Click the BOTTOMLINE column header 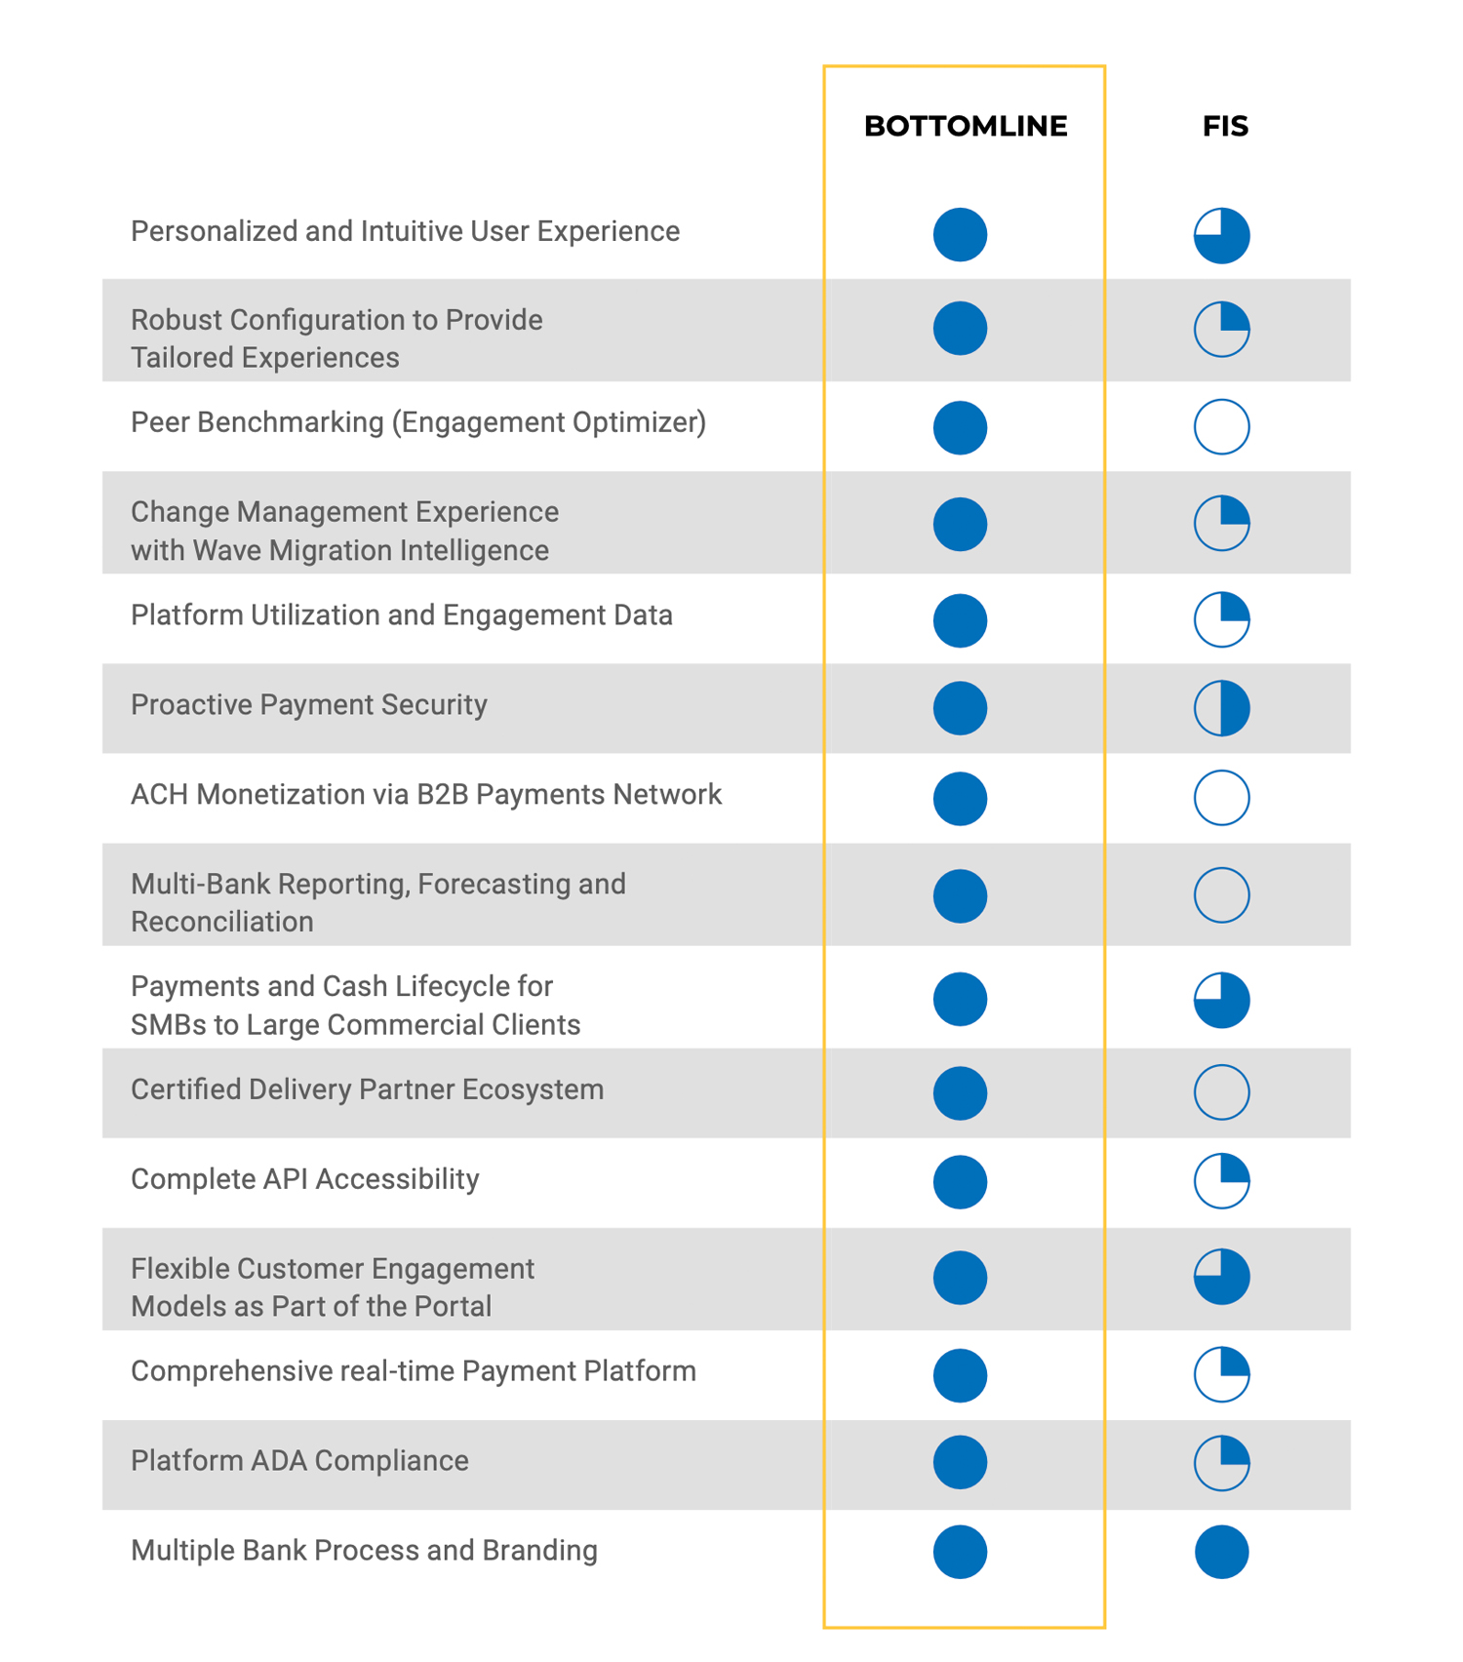coord(965,126)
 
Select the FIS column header coord(1224,126)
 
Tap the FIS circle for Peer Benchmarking coord(1221,426)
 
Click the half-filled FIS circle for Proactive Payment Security coord(1221,707)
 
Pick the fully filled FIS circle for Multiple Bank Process coord(1221,1551)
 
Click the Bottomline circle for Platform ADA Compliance coord(960,1461)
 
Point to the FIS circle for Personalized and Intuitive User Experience coord(1221,235)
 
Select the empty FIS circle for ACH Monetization coord(1221,797)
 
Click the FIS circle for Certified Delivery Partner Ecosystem coord(1221,1091)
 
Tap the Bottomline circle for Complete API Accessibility coord(960,1181)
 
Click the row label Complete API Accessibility coord(304,1179)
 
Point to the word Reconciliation coord(221,922)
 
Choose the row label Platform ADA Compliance coord(299,1460)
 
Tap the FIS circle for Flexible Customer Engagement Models coord(1221,1276)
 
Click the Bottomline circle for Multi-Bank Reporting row coord(960,895)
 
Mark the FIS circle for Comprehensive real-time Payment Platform coord(1221,1373)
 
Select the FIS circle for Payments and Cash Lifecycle coord(1221,1000)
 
